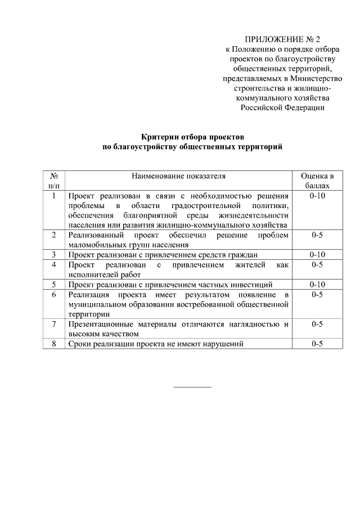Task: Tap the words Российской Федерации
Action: (282, 107)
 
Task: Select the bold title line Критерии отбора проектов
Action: (192, 137)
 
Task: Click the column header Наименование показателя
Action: (178, 175)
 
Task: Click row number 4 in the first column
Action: (54, 264)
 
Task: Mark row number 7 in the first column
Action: (54, 324)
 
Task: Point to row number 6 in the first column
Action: (54, 294)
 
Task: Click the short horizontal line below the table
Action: (192, 387)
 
